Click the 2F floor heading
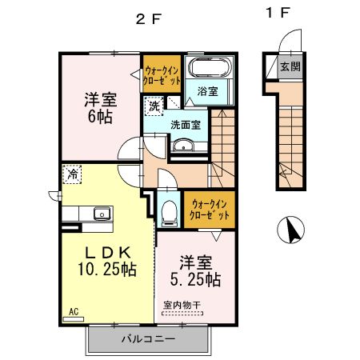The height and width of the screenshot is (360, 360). pyautogui.click(x=149, y=19)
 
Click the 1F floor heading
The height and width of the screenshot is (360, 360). pyautogui.click(x=278, y=13)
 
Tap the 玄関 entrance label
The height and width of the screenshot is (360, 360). pyautogui.click(x=290, y=66)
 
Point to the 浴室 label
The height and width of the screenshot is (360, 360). pyautogui.click(x=208, y=91)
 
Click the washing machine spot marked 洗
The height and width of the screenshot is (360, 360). pyautogui.click(x=154, y=106)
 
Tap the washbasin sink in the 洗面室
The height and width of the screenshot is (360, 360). pyautogui.click(x=183, y=146)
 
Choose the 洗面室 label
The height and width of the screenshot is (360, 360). pyautogui.click(x=186, y=125)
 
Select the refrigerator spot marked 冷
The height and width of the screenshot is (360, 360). pyautogui.click(x=72, y=174)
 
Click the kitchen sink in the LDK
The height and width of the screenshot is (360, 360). pyautogui.click(x=102, y=214)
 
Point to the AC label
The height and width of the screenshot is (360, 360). pyautogui.click(x=74, y=311)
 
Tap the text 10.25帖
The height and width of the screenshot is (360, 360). pyautogui.click(x=107, y=270)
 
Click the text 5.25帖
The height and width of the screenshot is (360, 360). pyautogui.click(x=195, y=280)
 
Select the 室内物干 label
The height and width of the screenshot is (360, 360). pyautogui.click(x=182, y=306)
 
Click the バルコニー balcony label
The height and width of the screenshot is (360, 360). pyautogui.click(x=149, y=339)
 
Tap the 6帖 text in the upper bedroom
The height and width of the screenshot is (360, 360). pyautogui.click(x=100, y=116)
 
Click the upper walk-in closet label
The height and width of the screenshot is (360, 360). pyautogui.click(x=162, y=75)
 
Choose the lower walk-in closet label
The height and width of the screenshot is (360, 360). pyautogui.click(x=210, y=210)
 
